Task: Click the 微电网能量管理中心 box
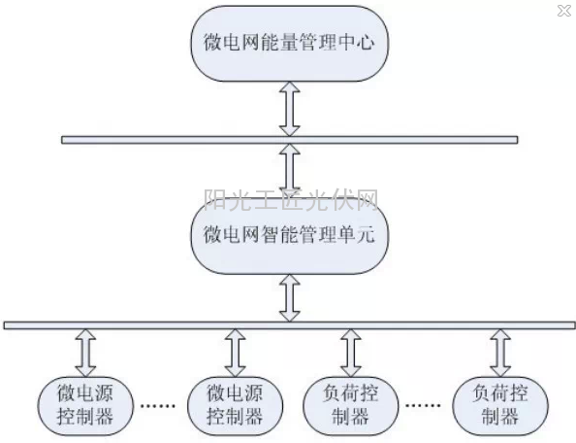[290, 44]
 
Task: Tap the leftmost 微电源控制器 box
[85, 406]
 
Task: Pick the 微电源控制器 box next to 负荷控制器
[235, 406]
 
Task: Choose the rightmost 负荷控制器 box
[500, 406]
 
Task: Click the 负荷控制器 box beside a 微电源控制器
[350, 406]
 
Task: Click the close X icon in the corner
[563, 11]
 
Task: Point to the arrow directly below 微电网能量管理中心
[290, 109]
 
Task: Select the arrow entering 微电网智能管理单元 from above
[290, 171]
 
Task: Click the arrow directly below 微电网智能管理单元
[290, 298]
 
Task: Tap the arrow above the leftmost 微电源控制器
[85, 353]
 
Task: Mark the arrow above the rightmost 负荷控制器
[500, 353]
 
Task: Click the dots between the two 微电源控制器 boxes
[158, 406]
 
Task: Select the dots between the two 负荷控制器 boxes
[423, 405]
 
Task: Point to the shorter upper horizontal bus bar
[290, 140]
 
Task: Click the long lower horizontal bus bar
[290, 325]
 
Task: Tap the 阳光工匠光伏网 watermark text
[291, 200]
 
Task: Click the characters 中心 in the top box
[356, 42]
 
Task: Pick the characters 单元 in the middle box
[356, 234]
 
